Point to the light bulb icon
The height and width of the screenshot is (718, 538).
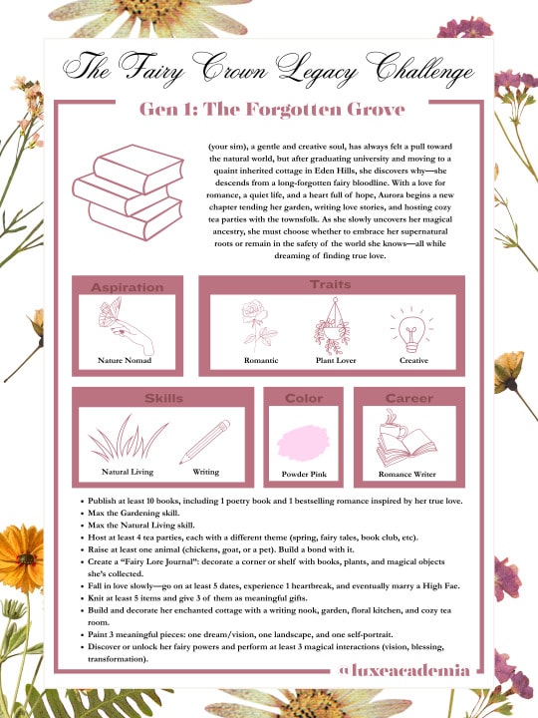click(412, 326)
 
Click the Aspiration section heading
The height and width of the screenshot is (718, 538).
click(127, 287)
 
